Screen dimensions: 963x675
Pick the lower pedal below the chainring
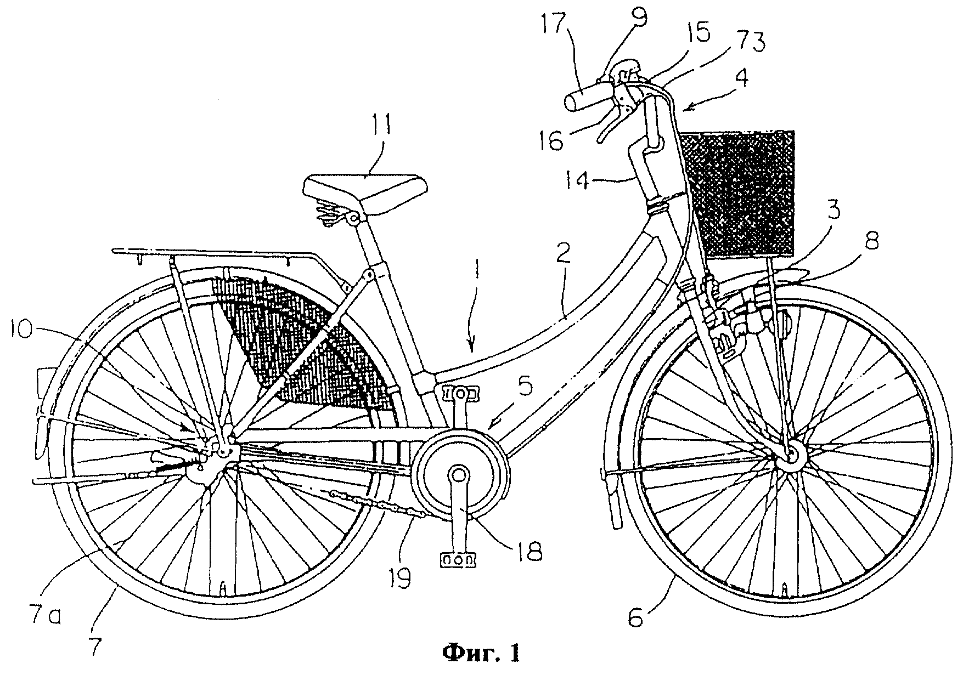[x=457, y=559]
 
